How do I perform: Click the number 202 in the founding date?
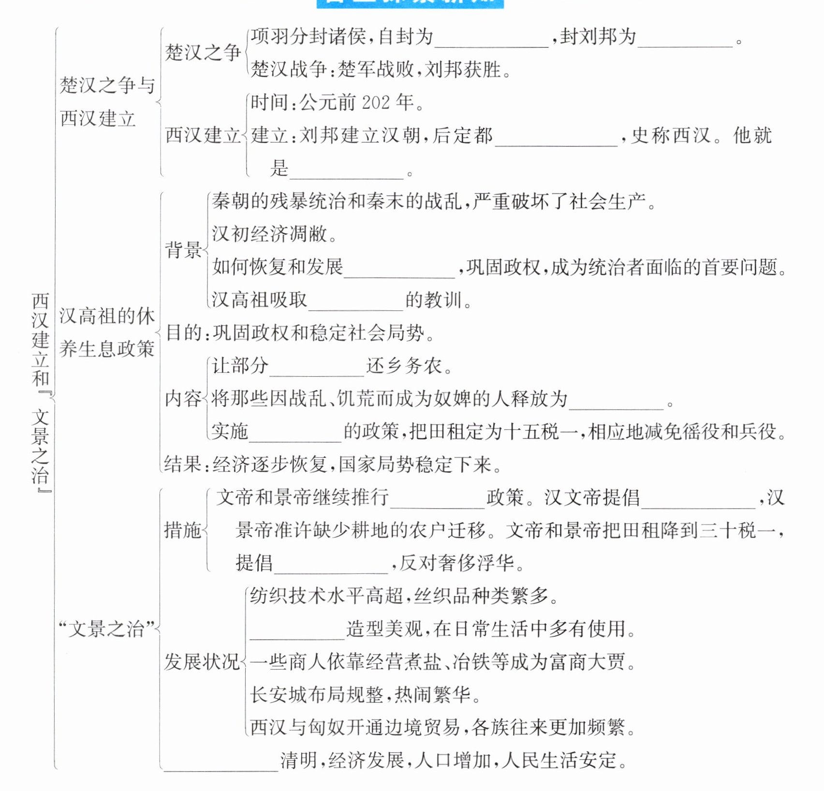(375, 103)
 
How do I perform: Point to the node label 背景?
(183, 250)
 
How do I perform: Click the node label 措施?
(182, 530)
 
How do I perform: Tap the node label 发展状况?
(202, 661)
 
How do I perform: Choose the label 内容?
(183, 398)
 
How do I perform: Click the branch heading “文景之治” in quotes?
(108, 629)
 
